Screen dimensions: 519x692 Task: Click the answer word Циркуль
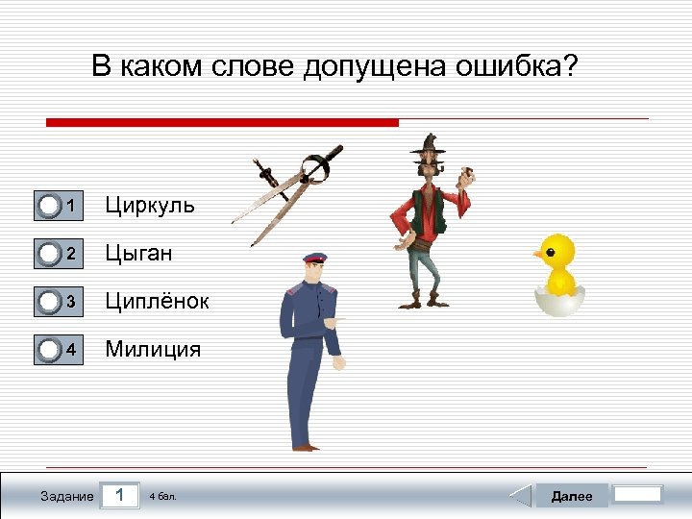(x=150, y=205)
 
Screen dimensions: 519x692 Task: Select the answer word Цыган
(x=139, y=253)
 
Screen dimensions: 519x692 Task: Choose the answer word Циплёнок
(x=157, y=301)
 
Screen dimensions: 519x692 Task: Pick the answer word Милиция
(x=154, y=349)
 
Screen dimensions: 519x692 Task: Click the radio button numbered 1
(x=49, y=205)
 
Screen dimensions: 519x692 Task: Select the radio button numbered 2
(x=49, y=253)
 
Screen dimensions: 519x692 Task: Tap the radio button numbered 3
(x=49, y=301)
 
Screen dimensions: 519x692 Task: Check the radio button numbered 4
(x=49, y=349)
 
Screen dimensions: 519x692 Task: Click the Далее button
(x=571, y=496)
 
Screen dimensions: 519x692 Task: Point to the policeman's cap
(x=315, y=259)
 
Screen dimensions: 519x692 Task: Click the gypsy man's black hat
(x=429, y=145)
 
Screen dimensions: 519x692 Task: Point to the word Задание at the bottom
(x=67, y=496)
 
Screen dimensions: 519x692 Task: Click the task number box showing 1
(x=119, y=495)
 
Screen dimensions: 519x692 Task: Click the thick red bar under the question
(x=222, y=123)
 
